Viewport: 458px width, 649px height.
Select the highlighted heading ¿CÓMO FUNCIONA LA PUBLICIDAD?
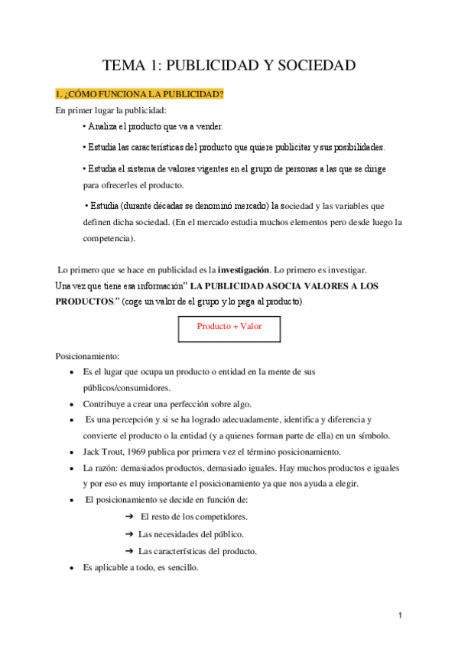(139, 94)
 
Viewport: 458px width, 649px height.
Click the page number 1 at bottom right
(400, 615)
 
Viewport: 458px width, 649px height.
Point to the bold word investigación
(244, 270)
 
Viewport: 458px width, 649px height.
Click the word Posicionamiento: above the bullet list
(87, 356)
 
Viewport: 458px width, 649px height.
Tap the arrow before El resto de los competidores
(129, 517)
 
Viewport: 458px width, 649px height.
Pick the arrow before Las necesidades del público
(129, 533)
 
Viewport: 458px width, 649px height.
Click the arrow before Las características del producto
(129, 551)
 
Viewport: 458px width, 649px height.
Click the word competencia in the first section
(108, 238)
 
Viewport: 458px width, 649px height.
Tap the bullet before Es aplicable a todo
(72, 569)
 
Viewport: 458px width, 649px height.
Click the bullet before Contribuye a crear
(72, 404)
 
